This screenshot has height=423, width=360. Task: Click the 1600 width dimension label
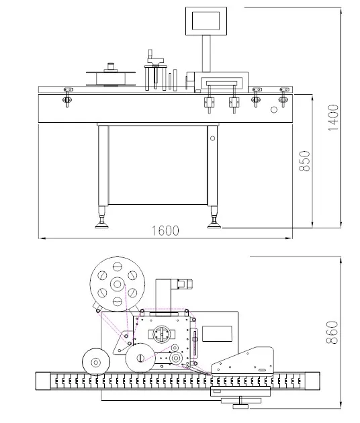coord(165,230)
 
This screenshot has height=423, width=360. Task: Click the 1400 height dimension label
coord(334,117)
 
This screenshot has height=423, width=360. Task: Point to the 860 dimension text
coord(334,330)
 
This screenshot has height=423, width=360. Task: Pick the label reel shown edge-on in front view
coord(110,76)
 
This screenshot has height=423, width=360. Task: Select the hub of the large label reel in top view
coord(118,284)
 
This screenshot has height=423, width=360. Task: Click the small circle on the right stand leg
coord(213,139)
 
